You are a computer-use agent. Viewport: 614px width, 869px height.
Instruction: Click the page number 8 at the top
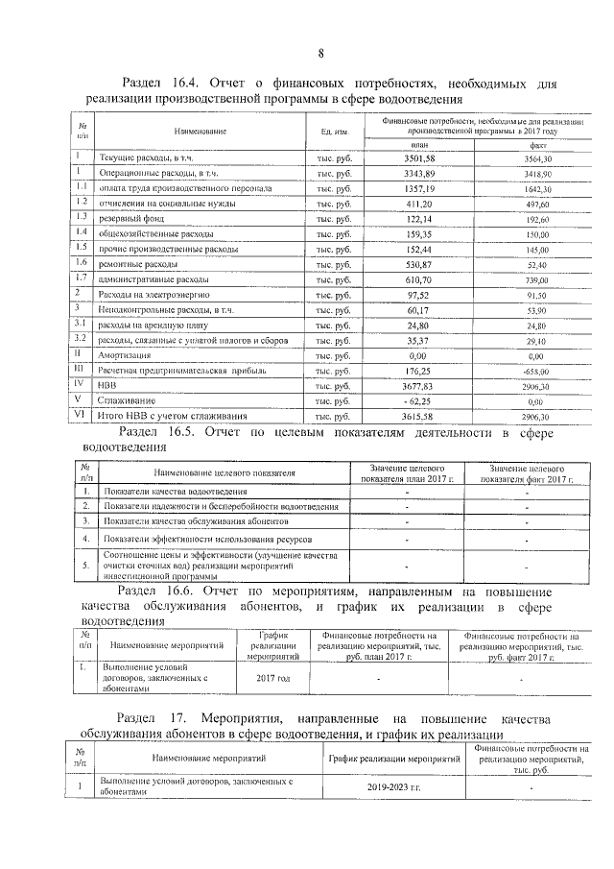click(x=320, y=52)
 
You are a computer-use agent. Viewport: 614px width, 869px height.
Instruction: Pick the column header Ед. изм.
click(x=321, y=131)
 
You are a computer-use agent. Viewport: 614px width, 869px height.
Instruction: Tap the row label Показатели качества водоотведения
click(x=168, y=492)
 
